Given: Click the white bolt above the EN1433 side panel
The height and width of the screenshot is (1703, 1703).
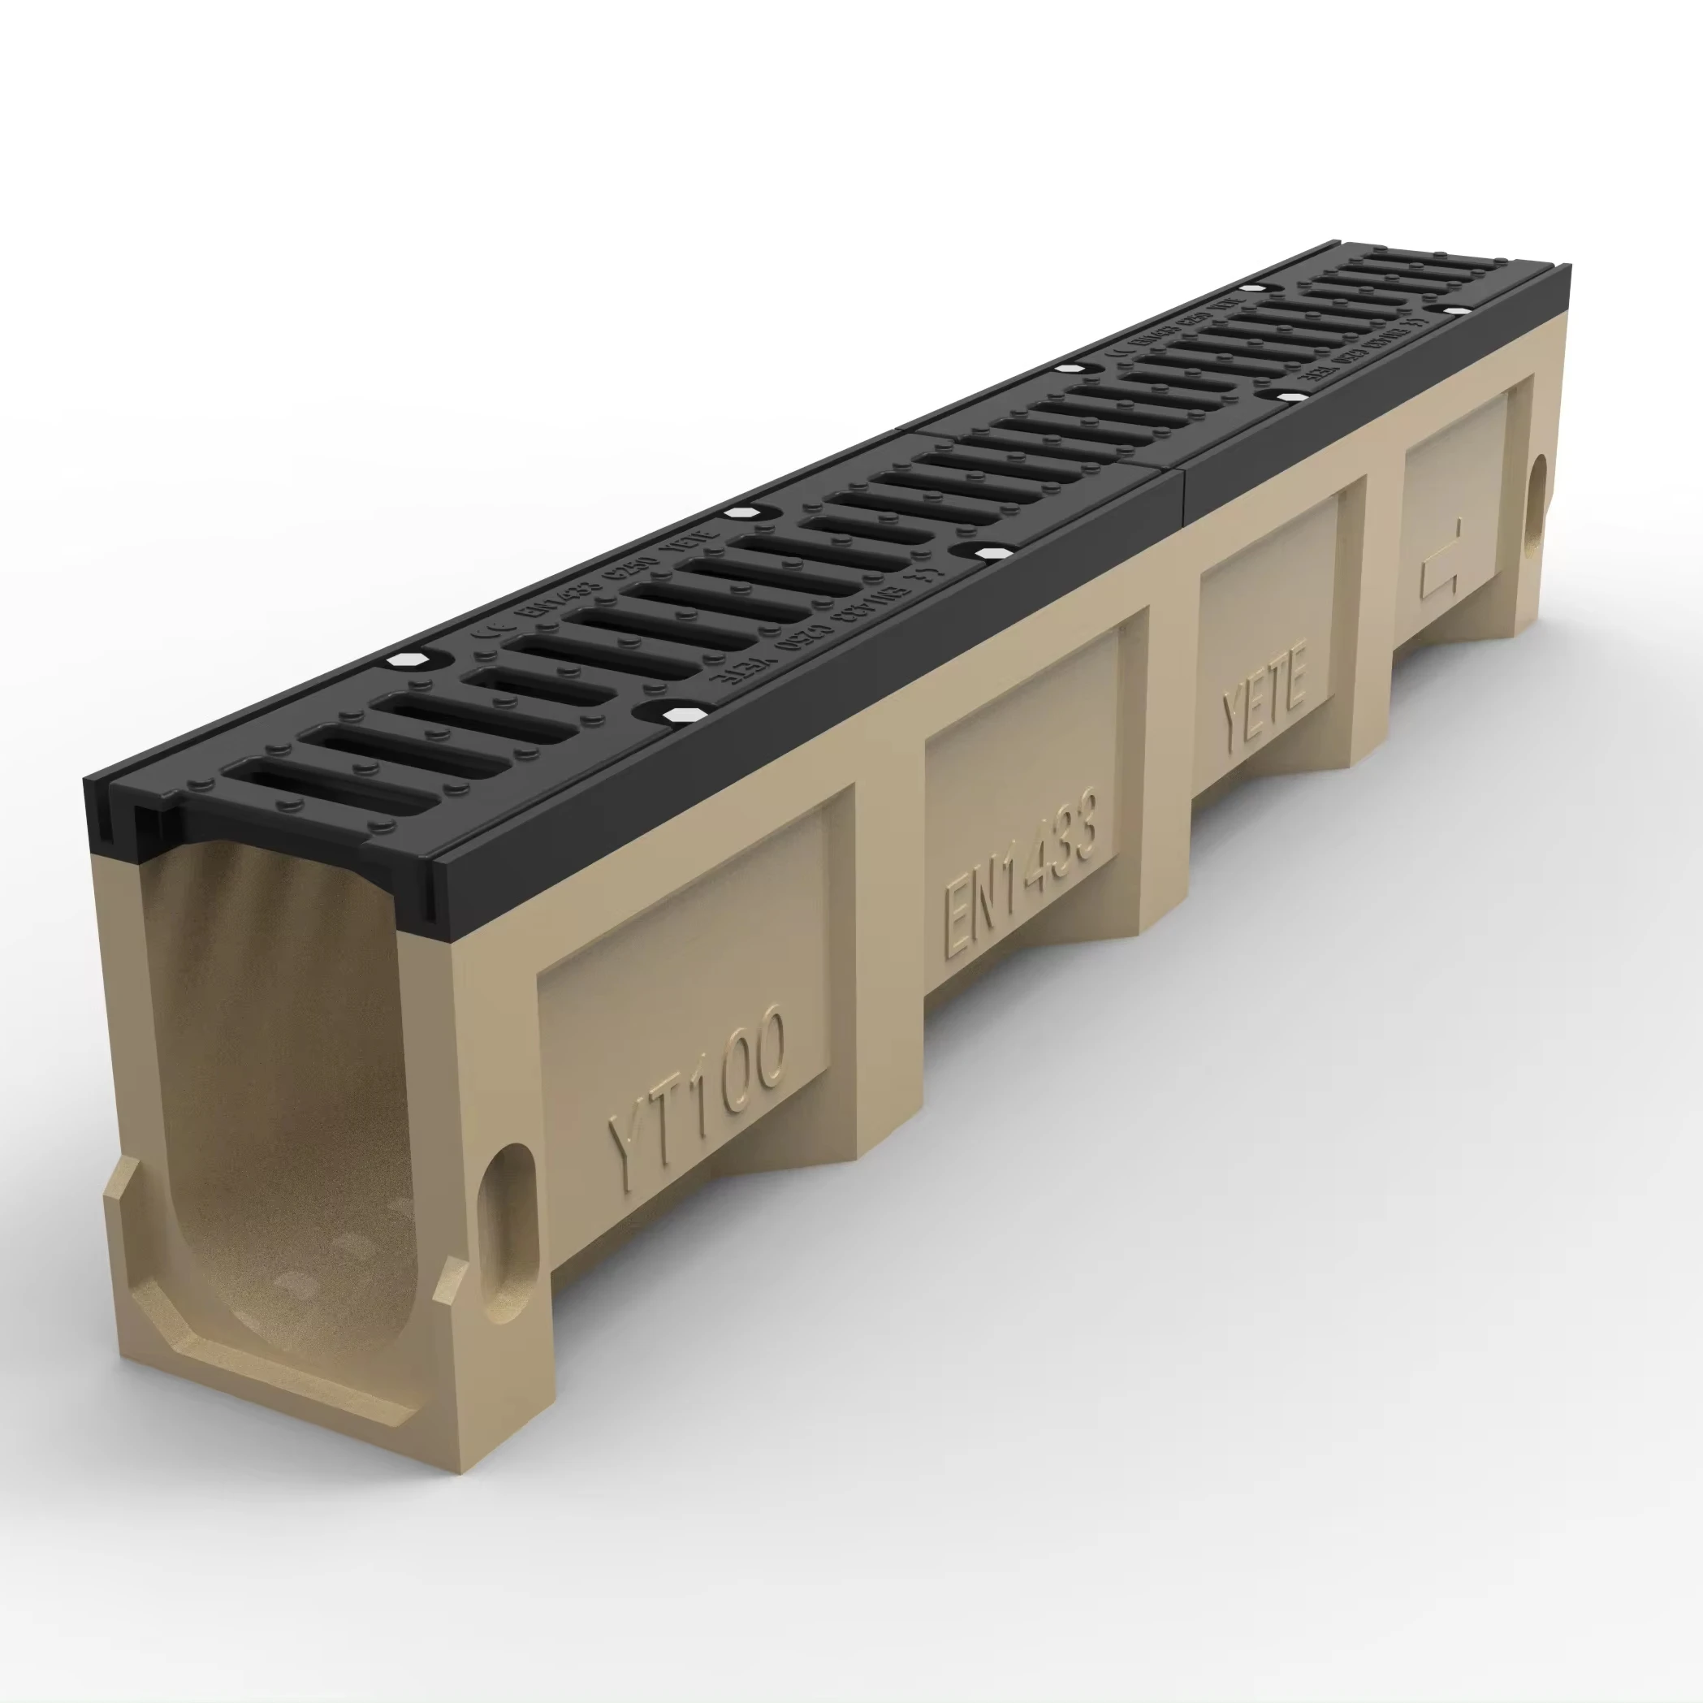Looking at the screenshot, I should tap(991, 553).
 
